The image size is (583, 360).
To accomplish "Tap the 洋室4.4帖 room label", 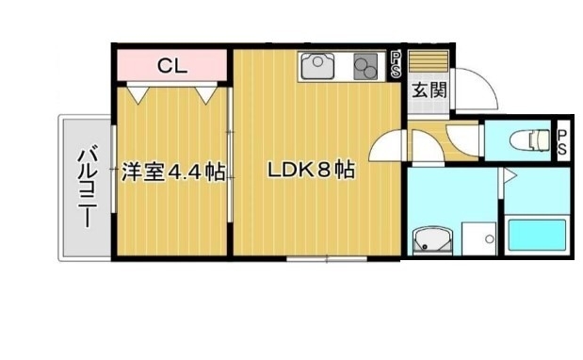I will tap(173, 172).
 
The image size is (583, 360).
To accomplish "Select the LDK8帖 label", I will tap(311, 172).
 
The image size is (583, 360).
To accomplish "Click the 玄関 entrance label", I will tap(429, 93).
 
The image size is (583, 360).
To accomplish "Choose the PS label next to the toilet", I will tap(562, 142).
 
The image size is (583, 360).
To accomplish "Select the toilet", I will tap(529, 141).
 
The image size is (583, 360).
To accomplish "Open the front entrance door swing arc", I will tap(474, 91).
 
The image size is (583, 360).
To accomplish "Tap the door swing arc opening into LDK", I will tap(387, 148).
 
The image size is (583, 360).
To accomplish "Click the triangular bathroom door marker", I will tap(507, 175).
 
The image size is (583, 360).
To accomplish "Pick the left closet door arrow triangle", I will tap(138, 94).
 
